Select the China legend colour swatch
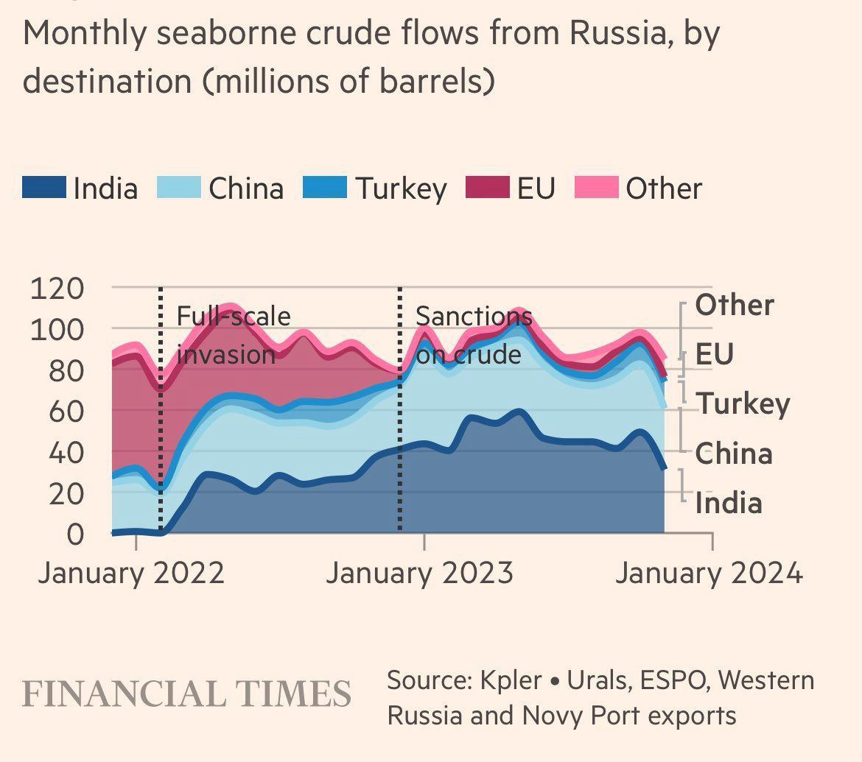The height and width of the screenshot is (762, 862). click(x=179, y=188)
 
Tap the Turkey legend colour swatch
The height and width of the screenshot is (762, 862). click(x=325, y=188)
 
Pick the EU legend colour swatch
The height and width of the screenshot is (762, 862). click(x=487, y=188)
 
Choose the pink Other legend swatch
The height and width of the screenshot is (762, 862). click(x=595, y=188)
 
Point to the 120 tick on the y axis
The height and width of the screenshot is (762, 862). click(x=66, y=288)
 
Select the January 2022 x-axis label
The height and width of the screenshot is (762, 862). click(x=131, y=572)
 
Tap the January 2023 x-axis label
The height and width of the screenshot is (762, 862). click(x=419, y=572)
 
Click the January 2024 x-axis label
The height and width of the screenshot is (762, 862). click(x=709, y=572)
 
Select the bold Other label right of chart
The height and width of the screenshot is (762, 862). click(x=735, y=305)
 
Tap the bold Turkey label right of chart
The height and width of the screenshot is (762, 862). click(x=743, y=403)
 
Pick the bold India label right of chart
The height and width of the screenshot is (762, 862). click(x=729, y=504)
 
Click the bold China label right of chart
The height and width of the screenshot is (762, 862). click(x=734, y=454)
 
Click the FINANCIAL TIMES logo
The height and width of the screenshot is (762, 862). click(x=186, y=694)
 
